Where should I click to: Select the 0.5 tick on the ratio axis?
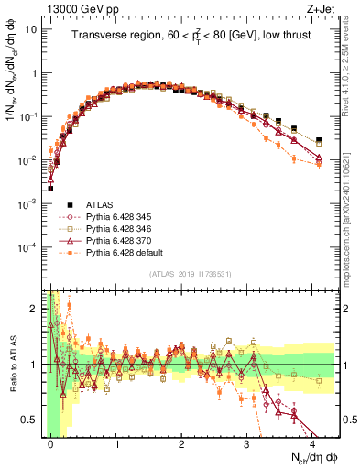click(x=33, y=420)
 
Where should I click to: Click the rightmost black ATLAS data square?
click(x=319, y=141)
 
